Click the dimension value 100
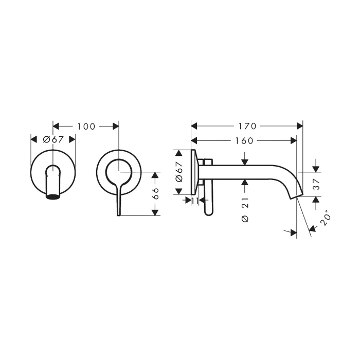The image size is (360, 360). point(86,126)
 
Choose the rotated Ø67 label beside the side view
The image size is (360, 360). point(179,172)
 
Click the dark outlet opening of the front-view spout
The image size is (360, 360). point(53,195)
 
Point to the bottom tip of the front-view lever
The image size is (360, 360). point(119,213)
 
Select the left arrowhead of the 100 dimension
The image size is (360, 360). point(57,126)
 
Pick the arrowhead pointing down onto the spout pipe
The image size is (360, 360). point(245,161)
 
